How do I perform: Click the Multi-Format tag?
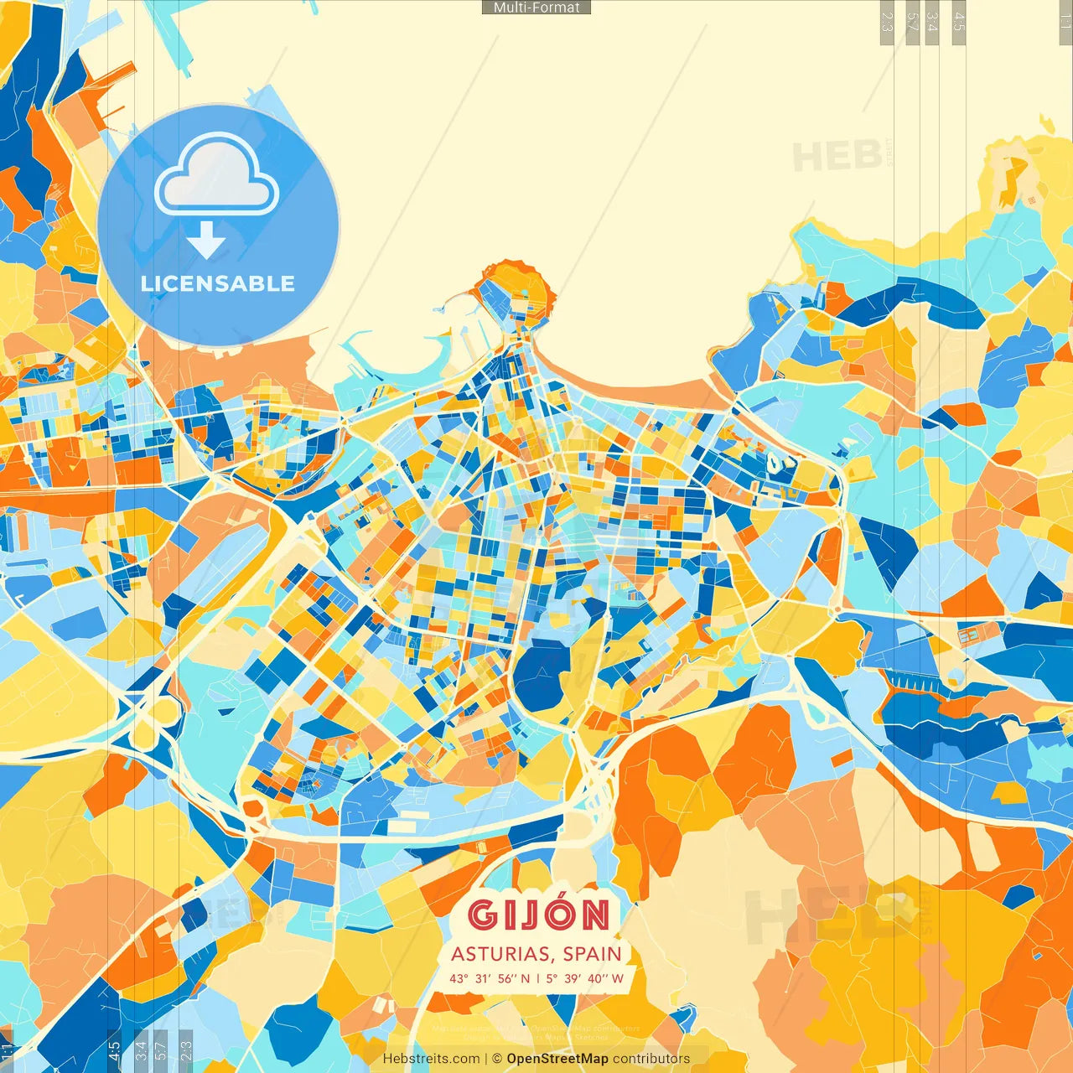click(536, 8)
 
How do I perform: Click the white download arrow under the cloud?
click(206, 241)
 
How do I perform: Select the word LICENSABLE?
click(218, 284)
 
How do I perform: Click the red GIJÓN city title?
click(538, 915)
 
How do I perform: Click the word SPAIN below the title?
click(593, 954)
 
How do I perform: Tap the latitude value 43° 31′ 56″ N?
click(490, 978)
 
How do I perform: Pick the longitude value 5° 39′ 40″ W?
click(585, 978)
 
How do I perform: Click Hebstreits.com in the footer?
click(431, 1059)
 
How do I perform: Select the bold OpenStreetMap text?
click(557, 1059)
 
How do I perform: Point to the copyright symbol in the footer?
click(497, 1059)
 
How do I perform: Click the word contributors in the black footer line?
click(651, 1059)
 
